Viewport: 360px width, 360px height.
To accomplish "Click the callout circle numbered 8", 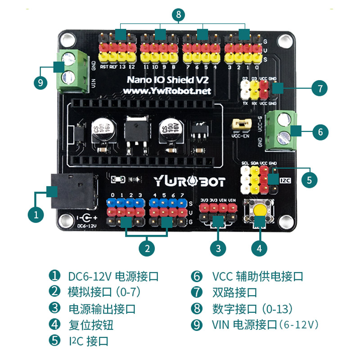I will (179, 15).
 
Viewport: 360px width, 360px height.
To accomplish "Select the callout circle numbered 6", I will (320, 132).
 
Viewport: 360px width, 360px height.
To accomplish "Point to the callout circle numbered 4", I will (259, 247).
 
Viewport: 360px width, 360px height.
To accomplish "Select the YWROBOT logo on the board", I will (189, 181).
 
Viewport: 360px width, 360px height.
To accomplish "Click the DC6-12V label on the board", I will (87, 226).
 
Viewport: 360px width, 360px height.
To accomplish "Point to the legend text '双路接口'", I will (234, 292).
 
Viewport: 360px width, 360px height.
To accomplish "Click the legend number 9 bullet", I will (197, 324).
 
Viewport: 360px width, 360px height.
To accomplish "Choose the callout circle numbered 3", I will (218, 247).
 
